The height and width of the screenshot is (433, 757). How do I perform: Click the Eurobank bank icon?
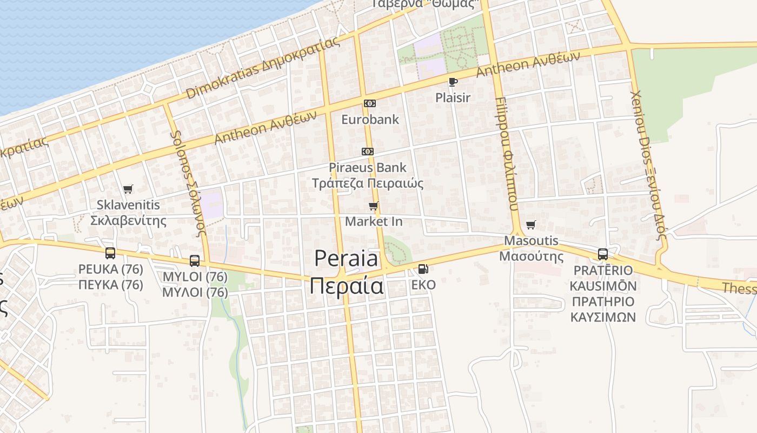pos(370,103)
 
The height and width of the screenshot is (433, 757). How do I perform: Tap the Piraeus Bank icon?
pos(368,152)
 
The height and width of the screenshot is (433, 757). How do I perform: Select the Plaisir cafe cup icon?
pos(453,82)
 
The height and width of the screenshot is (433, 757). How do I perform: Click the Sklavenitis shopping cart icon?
pos(128,189)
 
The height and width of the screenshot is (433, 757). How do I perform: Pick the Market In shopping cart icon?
pos(373,206)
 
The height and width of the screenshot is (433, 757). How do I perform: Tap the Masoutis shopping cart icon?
pos(531,225)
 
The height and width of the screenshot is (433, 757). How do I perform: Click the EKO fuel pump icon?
pos(423,268)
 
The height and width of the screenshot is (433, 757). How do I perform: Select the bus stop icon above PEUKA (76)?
pos(110,253)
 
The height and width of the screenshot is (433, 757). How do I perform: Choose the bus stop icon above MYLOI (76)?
pos(195,260)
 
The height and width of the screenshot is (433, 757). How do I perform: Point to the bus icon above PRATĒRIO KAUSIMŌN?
pos(603,254)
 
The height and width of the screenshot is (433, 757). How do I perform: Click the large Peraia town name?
pos(347,258)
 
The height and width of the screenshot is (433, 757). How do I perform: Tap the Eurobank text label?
pos(370,119)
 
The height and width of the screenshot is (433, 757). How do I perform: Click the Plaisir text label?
pos(453,98)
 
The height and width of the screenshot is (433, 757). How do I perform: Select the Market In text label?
pos(374,221)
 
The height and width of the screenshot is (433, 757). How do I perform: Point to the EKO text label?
pos(423,284)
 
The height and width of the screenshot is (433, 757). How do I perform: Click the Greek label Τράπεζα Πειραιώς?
pos(368,183)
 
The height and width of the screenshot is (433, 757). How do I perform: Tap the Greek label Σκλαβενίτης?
pos(128,220)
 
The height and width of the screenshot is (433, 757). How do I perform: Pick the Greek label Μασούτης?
pos(531,256)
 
